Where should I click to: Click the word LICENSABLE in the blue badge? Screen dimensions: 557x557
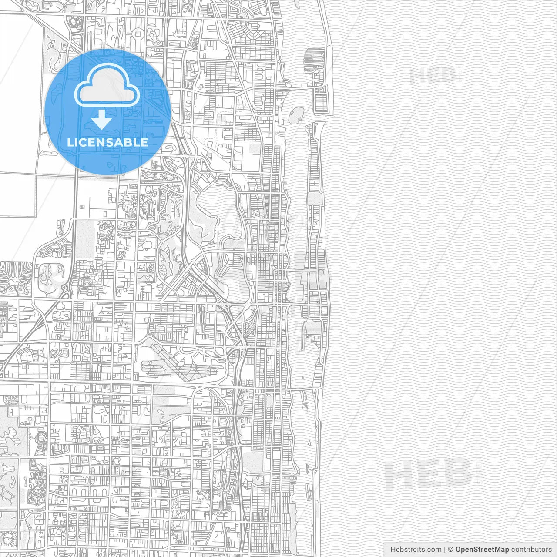pos(107,142)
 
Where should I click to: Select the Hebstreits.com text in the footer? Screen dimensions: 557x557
pos(416,550)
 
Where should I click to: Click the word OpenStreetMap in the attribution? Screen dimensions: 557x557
pos(482,550)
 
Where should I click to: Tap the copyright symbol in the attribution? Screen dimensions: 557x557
pos(450,550)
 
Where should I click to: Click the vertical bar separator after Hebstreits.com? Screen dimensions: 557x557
pos(444,550)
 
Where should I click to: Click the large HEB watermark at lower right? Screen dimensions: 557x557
pos(429,474)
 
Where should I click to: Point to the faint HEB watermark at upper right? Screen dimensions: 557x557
pos(435,76)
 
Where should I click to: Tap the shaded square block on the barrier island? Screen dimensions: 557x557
pos(314,199)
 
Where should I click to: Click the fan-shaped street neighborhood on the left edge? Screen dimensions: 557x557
pos(15,278)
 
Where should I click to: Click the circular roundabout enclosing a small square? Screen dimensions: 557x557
pos(138,33)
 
